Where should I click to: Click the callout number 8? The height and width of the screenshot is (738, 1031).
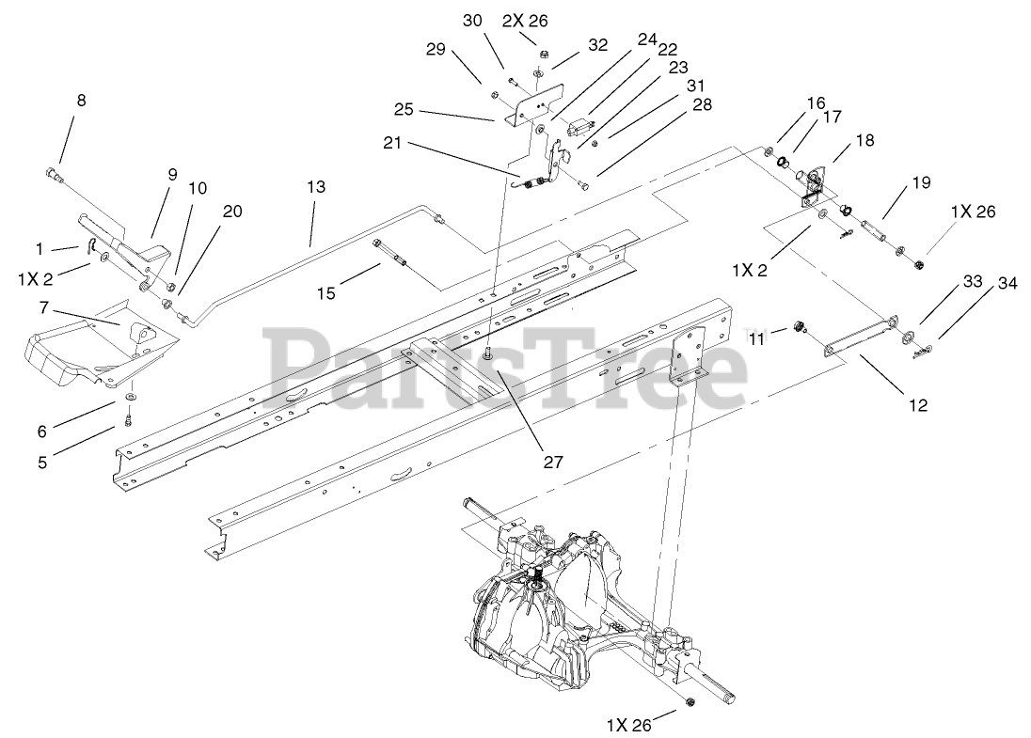point(81,101)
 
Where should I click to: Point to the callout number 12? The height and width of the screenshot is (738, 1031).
point(918,405)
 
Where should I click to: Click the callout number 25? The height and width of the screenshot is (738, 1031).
point(404,109)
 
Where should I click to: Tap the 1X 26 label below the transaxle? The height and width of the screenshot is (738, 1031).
point(628,725)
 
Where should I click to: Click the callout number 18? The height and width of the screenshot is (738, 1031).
point(865,140)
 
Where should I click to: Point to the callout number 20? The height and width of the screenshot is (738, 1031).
point(232,211)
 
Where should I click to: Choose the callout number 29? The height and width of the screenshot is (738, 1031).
point(435,49)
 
